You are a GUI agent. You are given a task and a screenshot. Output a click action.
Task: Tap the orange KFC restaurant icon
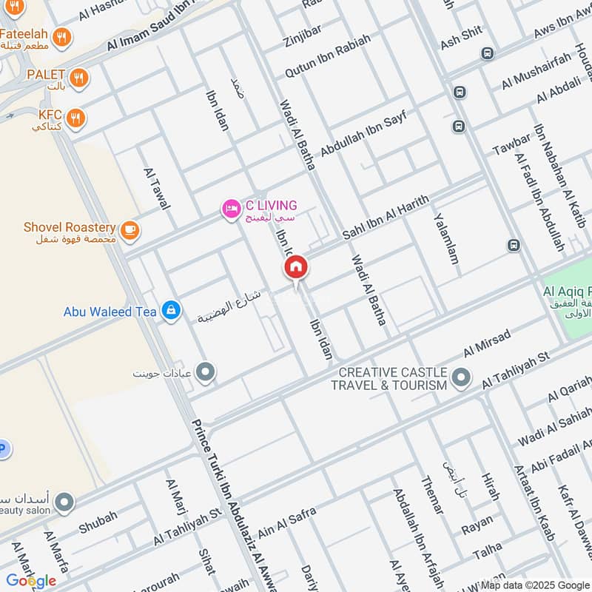pyautogui.click(x=75, y=118)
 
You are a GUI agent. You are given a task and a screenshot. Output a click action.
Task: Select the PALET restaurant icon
pyautogui.click(x=78, y=77)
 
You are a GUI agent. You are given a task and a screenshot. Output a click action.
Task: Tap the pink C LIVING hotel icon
pyautogui.click(x=231, y=210)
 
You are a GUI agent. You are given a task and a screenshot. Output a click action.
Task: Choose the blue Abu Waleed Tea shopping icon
pyautogui.click(x=171, y=312)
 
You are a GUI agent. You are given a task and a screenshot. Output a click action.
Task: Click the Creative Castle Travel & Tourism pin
pyautogui.click(x=461, y=379)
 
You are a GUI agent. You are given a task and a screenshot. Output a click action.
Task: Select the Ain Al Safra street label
pyautogui.click(x=286, y=522)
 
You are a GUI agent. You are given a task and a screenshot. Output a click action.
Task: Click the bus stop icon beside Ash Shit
pyautogui.click(x=487, y=53)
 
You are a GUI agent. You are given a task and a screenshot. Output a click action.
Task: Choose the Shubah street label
pyautogui.click(x=98, y=522)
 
